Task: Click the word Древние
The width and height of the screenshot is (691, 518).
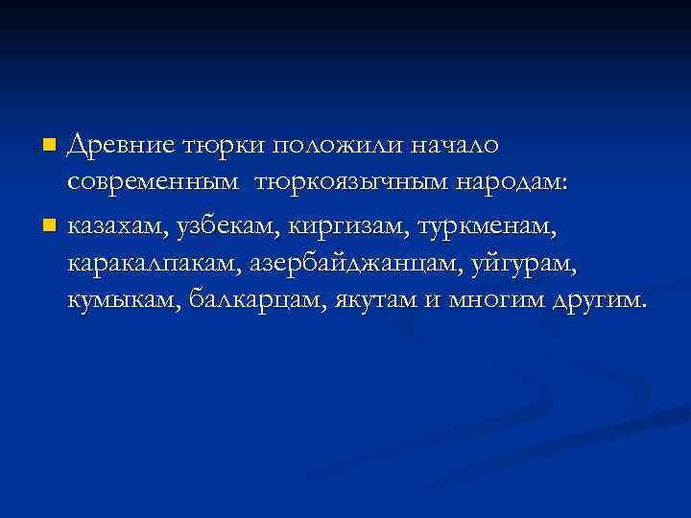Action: (x=122, y=145)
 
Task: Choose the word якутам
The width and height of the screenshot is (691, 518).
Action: (x=377, y=300)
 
